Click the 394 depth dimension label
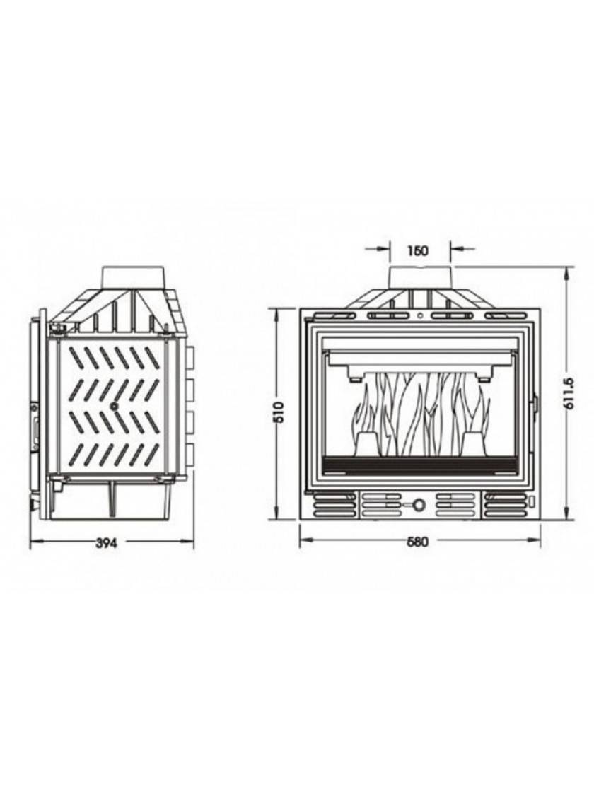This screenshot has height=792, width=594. tap(107, 544)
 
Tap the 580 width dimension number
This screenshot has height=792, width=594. tap(417, 542)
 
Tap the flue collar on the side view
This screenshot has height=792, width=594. tap(134, 277)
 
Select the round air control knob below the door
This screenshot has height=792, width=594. tap(419, 503)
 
